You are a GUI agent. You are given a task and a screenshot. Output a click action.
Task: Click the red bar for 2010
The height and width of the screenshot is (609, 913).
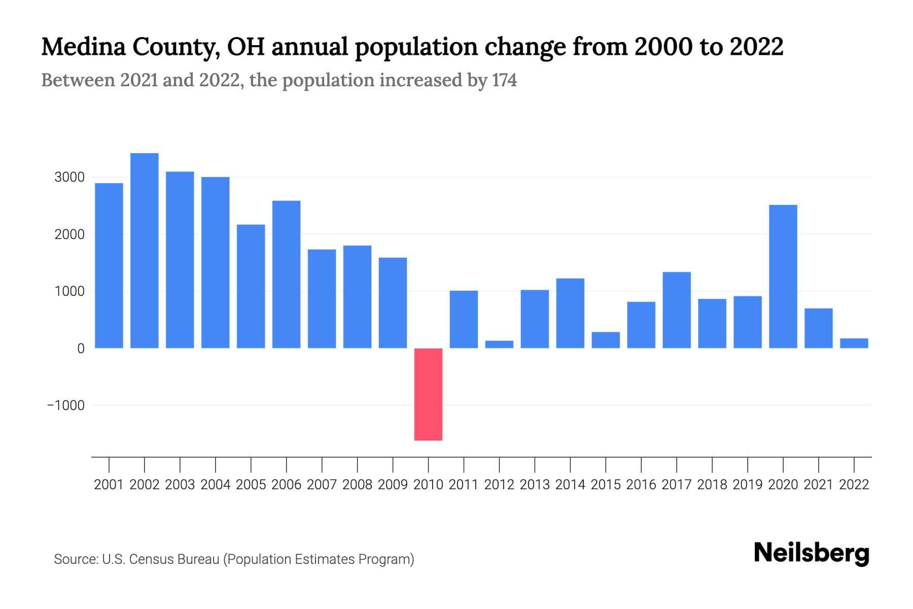[x=428, y=394]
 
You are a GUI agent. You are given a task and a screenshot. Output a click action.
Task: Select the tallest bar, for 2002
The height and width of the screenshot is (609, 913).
[x=145, y=251]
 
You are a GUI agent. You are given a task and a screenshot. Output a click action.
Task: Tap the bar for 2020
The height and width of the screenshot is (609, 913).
[x=783, y=277]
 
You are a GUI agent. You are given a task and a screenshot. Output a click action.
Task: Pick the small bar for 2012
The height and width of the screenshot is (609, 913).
[x=499, y=344]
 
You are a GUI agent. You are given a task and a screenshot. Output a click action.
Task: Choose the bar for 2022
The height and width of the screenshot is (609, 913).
[x=854, y=343]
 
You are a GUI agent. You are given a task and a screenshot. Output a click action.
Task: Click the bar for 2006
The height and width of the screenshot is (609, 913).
[x=287, y=275]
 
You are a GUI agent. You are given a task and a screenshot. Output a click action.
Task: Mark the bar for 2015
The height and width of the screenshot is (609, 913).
[x=606, y=340]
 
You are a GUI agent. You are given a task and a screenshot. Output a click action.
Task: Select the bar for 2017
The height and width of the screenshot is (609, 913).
[x=677, y=310]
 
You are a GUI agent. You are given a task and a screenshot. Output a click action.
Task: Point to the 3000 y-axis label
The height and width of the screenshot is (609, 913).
[x=69, y=177]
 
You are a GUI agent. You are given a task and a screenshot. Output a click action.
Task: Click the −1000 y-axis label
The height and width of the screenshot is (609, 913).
[x=66, y=405]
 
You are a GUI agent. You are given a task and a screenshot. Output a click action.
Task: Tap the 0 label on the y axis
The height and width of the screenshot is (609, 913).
[x=81, y=349]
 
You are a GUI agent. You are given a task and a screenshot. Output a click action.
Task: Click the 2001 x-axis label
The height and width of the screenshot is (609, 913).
[x=109, y=485]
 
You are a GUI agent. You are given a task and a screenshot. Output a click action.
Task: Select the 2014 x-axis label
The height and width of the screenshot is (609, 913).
[x=570, y=485]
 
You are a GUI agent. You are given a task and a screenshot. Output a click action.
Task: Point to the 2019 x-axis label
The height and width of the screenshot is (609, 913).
[x=748, y=485]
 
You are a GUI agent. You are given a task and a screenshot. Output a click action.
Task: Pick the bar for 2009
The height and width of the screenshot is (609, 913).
[x=393, y=303]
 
